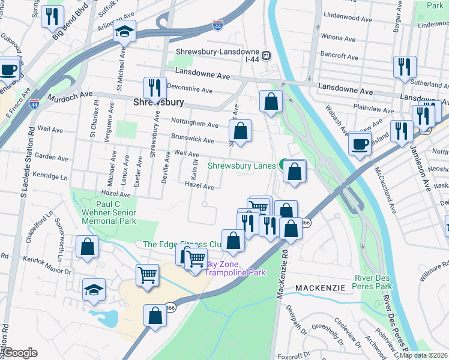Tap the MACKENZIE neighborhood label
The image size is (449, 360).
320,288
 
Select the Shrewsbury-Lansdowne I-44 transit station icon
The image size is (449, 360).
265,55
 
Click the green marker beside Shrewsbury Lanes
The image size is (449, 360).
283,164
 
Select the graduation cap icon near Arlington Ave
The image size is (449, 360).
125,31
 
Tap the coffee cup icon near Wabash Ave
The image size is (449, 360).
360,143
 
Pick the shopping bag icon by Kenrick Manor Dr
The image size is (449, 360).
87,247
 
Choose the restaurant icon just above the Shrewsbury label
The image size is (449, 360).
155,88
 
